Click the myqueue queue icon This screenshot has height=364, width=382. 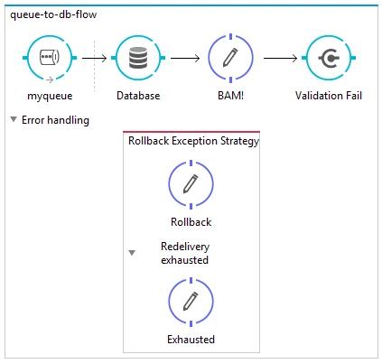pos(50,57)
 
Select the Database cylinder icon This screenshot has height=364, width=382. pos(138,58)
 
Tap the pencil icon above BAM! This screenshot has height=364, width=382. pos(230,58)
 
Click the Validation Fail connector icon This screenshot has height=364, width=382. pos(329,58)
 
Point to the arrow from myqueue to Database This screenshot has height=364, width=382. pos(94,58)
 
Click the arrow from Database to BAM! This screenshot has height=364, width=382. pos(185,58)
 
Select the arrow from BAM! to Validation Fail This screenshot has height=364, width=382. pos(280,58)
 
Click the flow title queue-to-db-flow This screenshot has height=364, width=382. pos(53,14)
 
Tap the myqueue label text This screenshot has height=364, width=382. pos(50,96)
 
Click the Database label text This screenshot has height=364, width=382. pos(138,96)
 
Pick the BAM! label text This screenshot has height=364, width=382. pos(230,96)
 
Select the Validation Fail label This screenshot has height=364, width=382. pos(329,96)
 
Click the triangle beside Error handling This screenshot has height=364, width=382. pos(14,119)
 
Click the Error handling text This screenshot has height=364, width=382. pos(55,120)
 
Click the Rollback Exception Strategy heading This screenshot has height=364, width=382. pos(193,141)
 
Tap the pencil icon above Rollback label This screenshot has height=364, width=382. pos(191,183)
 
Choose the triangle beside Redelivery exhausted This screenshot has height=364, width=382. pos(132,252)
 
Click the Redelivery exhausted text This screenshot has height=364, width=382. pos(185,253)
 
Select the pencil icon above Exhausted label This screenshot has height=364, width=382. pos(191,301)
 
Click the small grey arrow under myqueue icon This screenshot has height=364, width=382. pos(50,79)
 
